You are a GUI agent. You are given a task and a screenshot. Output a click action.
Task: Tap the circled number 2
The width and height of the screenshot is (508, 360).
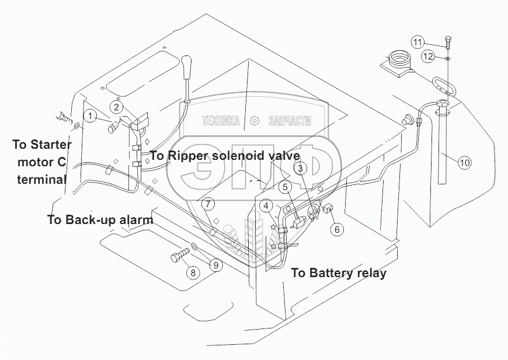click(x=117, y=107)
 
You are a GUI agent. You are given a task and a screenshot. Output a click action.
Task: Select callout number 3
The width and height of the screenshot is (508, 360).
click(x=300, y=169)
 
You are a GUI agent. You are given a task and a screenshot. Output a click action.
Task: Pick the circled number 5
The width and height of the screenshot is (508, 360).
click(x=286, y=187)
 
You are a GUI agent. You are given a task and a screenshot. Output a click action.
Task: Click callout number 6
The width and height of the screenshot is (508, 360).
click(x=336, y=229)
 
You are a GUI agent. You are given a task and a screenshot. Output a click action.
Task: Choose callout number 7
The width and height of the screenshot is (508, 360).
click(x=209, y=204)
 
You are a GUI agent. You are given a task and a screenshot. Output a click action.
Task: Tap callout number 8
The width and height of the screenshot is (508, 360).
click(x=192, y=272)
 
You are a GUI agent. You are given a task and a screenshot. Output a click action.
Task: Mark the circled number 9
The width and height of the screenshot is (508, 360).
click(x=215, y=265)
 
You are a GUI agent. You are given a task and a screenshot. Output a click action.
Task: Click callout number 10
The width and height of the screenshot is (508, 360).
click(x=464, y=163)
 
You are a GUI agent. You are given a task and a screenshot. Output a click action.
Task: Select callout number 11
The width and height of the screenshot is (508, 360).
click(x=417, y=41)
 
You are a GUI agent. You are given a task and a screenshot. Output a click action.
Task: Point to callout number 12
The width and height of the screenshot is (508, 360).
click(x=429, y=57)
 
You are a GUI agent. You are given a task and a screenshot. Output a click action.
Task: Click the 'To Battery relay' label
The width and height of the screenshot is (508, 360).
click(x=339, y=272)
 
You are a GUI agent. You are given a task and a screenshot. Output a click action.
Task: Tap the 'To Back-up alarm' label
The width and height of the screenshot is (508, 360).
click(x=100, y=220)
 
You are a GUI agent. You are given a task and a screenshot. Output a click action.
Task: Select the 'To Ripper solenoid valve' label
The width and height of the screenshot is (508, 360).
click(x=225, y=156)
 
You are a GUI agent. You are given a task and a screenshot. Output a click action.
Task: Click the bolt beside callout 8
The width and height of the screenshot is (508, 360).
click(x=180, y=257)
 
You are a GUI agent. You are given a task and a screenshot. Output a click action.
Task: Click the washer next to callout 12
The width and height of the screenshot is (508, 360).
click(x=447, y=58)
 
